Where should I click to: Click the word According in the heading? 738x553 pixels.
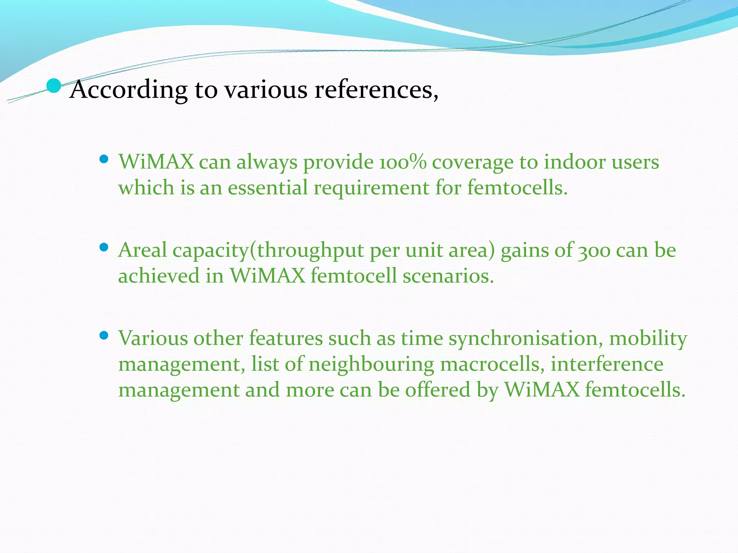pos(128,90)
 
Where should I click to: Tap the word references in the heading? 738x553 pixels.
pos(376,90)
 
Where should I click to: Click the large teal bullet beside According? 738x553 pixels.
pos(54,86)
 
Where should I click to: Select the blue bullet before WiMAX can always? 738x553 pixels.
pos(104,159)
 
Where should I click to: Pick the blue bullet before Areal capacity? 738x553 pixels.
pos(104,247)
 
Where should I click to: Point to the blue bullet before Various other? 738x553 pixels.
pos(104,336)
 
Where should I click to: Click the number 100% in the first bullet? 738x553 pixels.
pos(403,162)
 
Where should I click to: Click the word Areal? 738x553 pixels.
pos(142,250)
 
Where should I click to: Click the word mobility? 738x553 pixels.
pos(648,339)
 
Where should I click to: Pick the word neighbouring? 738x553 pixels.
pos(371,364)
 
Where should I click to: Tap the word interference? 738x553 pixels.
pos(607,364)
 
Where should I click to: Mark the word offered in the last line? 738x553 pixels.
pos(437,390)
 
